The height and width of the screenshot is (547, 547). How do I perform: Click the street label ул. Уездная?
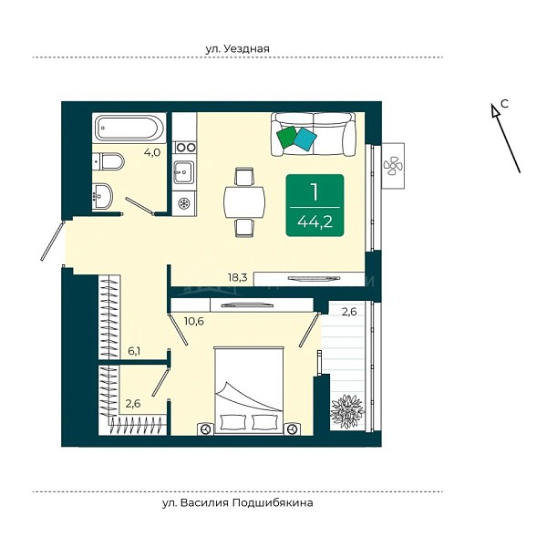[x=238, y=48]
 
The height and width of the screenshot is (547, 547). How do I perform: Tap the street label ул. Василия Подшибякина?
[x=238, y=503]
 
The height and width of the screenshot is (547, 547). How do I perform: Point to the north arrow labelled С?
[x=506, y=139]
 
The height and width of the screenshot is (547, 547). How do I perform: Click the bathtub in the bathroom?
[x=129, y=128]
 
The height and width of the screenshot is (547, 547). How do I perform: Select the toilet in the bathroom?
[x=108, y=161]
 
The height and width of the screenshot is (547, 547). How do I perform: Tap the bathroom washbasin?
[x=102, y=197]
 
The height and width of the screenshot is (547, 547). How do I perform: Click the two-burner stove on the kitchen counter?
[x=185, y=148]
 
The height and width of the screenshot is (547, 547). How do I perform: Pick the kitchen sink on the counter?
[x=183, y=171]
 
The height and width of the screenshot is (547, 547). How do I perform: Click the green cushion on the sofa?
[x=287, y=137]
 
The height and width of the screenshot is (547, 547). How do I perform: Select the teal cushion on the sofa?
[x=305, y=139]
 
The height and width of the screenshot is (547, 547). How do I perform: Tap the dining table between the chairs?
[x=244, y=202]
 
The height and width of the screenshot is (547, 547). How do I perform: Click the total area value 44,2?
[x=315, y=222]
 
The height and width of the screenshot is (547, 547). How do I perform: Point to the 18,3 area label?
[x=238, y=278]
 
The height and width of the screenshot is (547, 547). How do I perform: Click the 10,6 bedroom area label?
[x=194, y=321]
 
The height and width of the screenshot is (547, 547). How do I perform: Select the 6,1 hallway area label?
[x=134, y=351]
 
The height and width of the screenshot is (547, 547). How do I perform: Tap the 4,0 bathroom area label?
[x=152, y=152]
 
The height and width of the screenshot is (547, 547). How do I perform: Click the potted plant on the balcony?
[x=347, y=412]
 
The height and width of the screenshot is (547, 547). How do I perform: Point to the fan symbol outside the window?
[x=393, y=165]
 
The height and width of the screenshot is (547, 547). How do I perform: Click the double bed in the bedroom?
[x=248, y=390]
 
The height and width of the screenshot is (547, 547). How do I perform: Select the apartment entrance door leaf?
[x=52, y=241]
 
